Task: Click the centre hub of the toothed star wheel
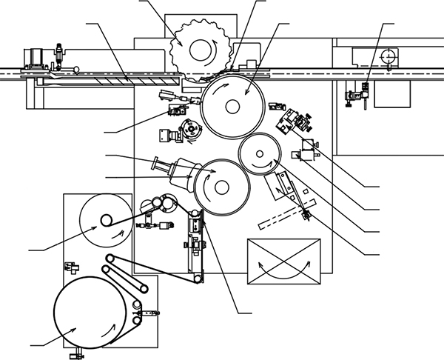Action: pos(198,50)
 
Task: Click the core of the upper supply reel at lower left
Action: pos(107,219)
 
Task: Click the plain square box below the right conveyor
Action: pos(391,93)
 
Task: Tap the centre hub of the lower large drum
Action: pos(219,187)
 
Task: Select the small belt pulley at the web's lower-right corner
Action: pos(198,278)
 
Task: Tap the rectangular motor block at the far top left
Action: pos(33,56)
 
